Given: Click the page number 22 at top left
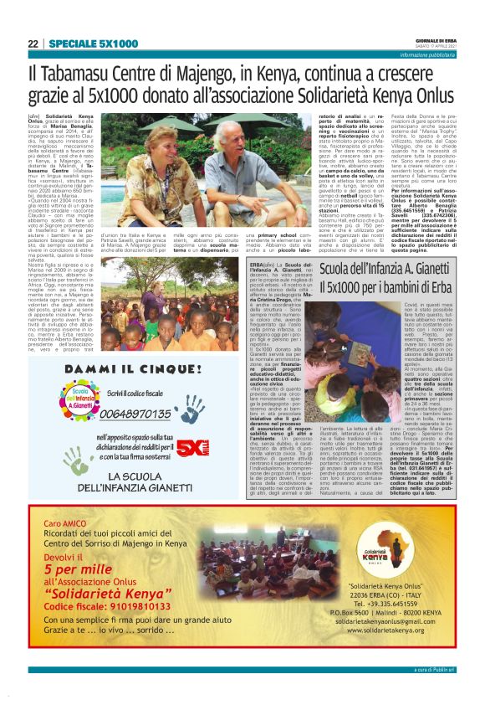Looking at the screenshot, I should point(33,43).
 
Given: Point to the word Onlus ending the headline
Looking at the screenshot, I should point(431,95).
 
